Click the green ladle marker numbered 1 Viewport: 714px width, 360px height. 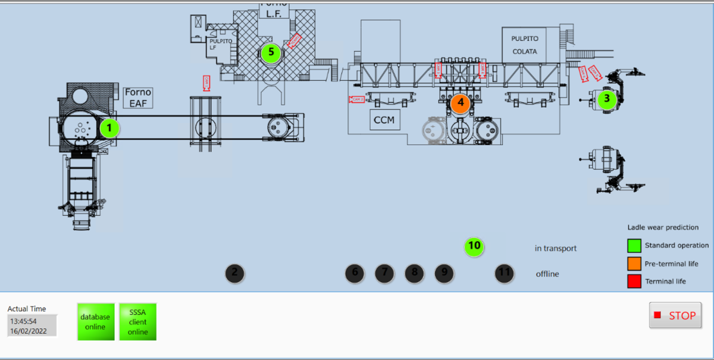point(109,127)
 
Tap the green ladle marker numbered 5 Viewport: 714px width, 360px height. point(271,52)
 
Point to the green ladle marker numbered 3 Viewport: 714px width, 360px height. point(606,99)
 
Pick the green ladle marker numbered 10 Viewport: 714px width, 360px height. point(474,245)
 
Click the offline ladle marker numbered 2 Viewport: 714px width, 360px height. point(234,273)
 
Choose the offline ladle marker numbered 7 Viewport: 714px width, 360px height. point(384,273)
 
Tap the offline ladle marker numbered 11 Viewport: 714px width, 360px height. point(505,273)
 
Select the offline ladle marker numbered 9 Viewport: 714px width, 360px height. point(444,273)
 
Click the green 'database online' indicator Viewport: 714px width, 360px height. point(95,322)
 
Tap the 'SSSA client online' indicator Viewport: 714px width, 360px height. point(137,322)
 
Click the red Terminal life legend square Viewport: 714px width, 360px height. point(634,281)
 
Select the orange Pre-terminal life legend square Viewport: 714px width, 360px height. point(634,264)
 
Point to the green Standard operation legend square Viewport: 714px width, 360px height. point(634,245)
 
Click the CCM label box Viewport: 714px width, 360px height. point(384,120)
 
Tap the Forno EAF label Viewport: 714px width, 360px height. point(138,98)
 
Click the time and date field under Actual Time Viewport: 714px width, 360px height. point(32,325)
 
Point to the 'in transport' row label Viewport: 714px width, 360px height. point(556,248)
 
